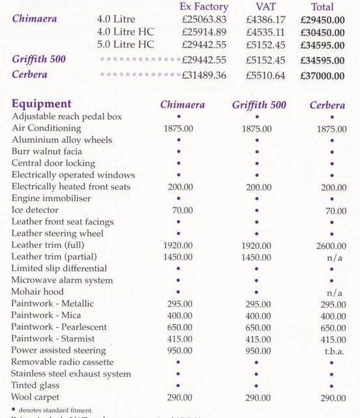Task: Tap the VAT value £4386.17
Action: pos(264,20)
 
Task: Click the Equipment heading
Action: pos(41,104)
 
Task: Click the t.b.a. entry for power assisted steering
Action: pos(331,350)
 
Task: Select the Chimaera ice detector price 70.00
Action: pos(178,210)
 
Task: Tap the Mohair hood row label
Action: pos(37,291)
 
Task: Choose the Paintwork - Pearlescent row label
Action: pos(59,327)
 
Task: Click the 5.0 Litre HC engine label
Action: pos(125,44)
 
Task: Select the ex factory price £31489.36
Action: pos(202,76)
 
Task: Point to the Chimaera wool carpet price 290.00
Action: pos(178,397)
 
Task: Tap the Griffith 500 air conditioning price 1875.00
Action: pos(257,128)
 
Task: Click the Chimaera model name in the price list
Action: pos(34,19)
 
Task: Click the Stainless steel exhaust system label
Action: pos(71,374)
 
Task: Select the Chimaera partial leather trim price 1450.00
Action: pos(178,258)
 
